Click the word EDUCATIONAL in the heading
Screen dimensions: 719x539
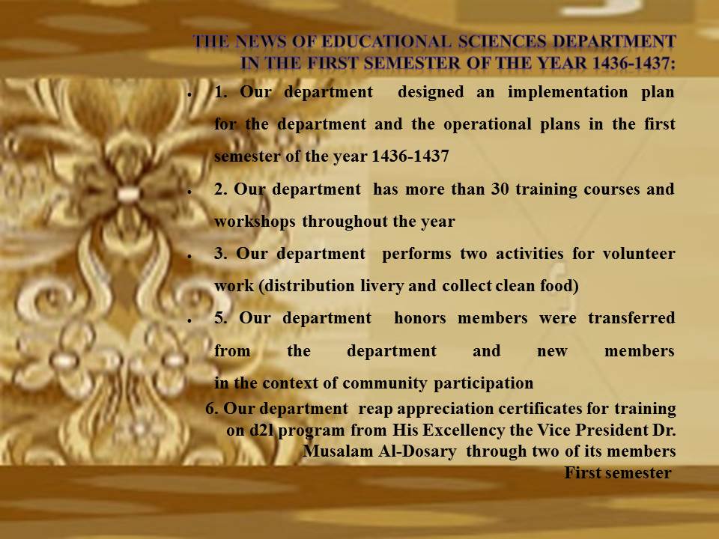[386, 41]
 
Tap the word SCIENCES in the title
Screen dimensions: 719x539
[502, 41]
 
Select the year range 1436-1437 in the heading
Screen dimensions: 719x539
[634, 63]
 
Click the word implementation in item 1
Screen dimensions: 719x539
[568, 92]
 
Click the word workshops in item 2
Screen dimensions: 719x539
[255, 222]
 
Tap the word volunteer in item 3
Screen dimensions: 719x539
[639, 254]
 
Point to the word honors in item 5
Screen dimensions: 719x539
[419, 318]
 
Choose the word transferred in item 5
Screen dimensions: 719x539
[631, 318]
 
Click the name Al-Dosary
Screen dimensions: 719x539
[417, 451]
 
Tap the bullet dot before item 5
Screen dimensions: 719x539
[189, 321]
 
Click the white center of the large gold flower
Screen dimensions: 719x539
[128, 193]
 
